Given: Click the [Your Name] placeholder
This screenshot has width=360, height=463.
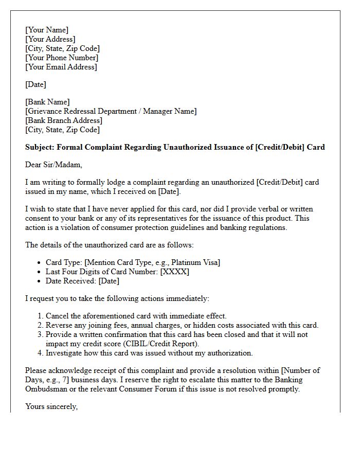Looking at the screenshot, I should click(47, 30).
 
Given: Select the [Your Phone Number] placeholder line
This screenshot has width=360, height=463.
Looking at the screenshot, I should click(62, 58).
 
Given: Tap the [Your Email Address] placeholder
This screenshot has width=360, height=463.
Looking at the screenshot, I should click(61, 67).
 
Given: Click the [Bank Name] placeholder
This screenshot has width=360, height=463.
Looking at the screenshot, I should click(48, 102).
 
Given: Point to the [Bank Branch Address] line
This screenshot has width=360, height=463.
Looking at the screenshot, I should click(64, 120).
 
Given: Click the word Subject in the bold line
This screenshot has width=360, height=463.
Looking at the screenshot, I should click(40, 147).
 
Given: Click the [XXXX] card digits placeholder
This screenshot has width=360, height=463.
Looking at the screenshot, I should click(175, 272).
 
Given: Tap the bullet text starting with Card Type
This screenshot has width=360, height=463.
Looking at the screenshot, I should click(133, 262).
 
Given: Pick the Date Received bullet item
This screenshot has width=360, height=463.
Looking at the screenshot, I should click(82, 281).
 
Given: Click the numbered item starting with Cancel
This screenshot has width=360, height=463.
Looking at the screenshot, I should click(136, 316).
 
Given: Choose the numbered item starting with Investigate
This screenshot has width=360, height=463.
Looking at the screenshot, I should click(149, 353).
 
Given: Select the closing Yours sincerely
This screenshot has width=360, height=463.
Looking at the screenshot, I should click(51, 406).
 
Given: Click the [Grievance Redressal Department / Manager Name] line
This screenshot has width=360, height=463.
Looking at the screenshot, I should click(111, 111).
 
